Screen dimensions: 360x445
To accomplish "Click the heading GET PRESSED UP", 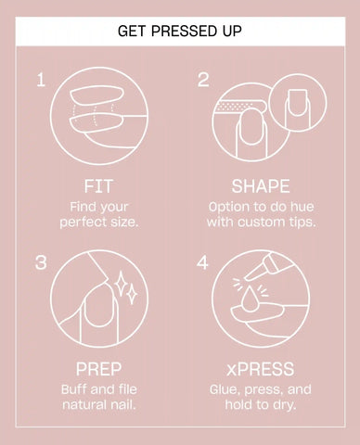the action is [x=180, y=31].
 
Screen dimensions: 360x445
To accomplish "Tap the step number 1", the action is [x=41, y=80].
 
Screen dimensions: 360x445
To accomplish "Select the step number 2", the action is [x=203, y=80].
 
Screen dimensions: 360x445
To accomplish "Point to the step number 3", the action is [x=41, y=262].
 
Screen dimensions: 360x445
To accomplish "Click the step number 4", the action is [x=202, y=262].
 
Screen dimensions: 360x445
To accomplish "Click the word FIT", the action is [x=98, y=186].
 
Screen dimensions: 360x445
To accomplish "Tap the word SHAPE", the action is [x=261, y=186].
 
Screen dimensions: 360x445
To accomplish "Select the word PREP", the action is [x=98, y=369].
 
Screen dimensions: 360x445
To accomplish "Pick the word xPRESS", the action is [x=261, y=369].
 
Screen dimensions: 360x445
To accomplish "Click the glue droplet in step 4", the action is [x=250, y=299].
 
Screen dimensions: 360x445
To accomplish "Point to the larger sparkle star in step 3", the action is [x=121, y=283].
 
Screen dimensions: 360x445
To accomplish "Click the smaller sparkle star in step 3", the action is [x=132, y=294].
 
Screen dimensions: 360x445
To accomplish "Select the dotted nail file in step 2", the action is [x=240, y=107].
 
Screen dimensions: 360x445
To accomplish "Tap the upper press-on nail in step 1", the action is [x=96, y=95].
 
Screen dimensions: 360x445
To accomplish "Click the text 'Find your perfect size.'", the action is [x=99, y=214].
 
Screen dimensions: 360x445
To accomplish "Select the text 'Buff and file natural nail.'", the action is [x=99, y=397].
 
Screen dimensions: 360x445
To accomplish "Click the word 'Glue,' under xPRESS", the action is [x=225, y=390].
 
